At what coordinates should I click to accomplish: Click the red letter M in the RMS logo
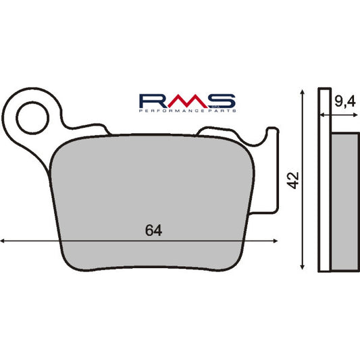(186, 101)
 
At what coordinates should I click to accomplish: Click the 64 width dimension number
(153, 230)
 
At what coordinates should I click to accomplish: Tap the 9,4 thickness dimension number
(344, 103)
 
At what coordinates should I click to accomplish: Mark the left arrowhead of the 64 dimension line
(3, 240)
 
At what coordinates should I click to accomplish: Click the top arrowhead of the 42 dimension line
(301, 91)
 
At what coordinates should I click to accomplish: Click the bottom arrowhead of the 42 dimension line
(301, 269)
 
